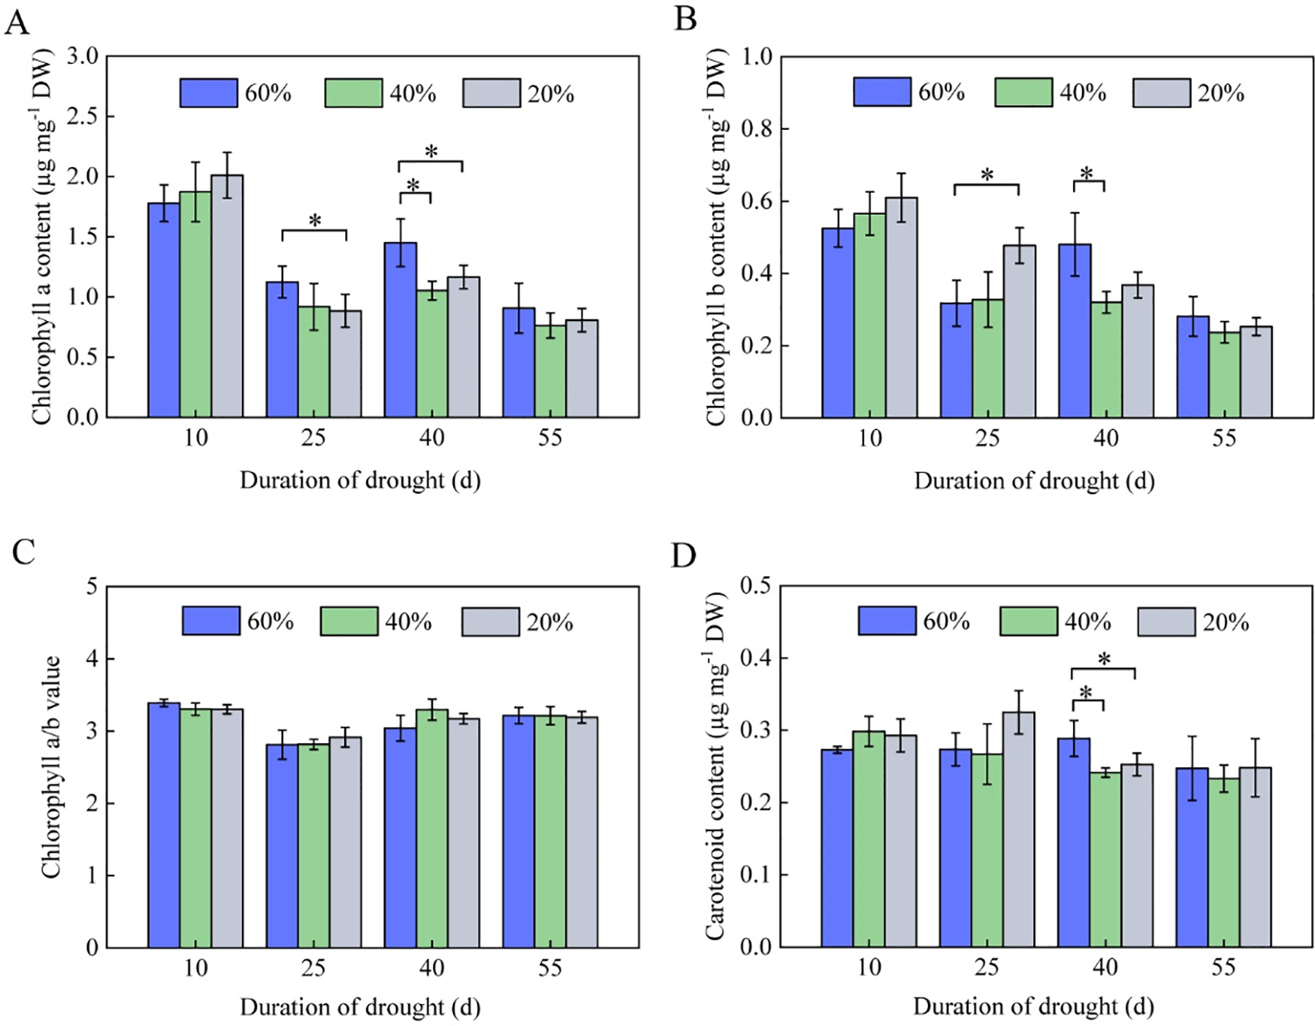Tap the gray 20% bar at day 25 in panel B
tap(1019, 331)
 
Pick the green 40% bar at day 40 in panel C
tap(432, 829)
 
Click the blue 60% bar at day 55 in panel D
tap(1192, 858)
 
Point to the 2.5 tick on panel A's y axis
tap(83, 116)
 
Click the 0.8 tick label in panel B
tap(756, 129)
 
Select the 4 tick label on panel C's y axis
tap(92, 659)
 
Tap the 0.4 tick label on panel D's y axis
tap(756, 658)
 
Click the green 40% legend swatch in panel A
tap(354, 93)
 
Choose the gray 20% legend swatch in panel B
tap(1161, 93)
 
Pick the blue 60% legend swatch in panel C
tap(211, 621)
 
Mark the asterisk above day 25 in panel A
tap(315, 221)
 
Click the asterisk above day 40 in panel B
tap(1087, 174)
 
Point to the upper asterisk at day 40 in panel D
tap(1104, 659)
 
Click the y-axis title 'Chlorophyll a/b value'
tap(51, 767)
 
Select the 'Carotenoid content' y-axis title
tap(715, 766)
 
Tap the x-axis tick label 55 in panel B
tap(1224, 438)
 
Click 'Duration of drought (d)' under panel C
tap(360, 1007)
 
